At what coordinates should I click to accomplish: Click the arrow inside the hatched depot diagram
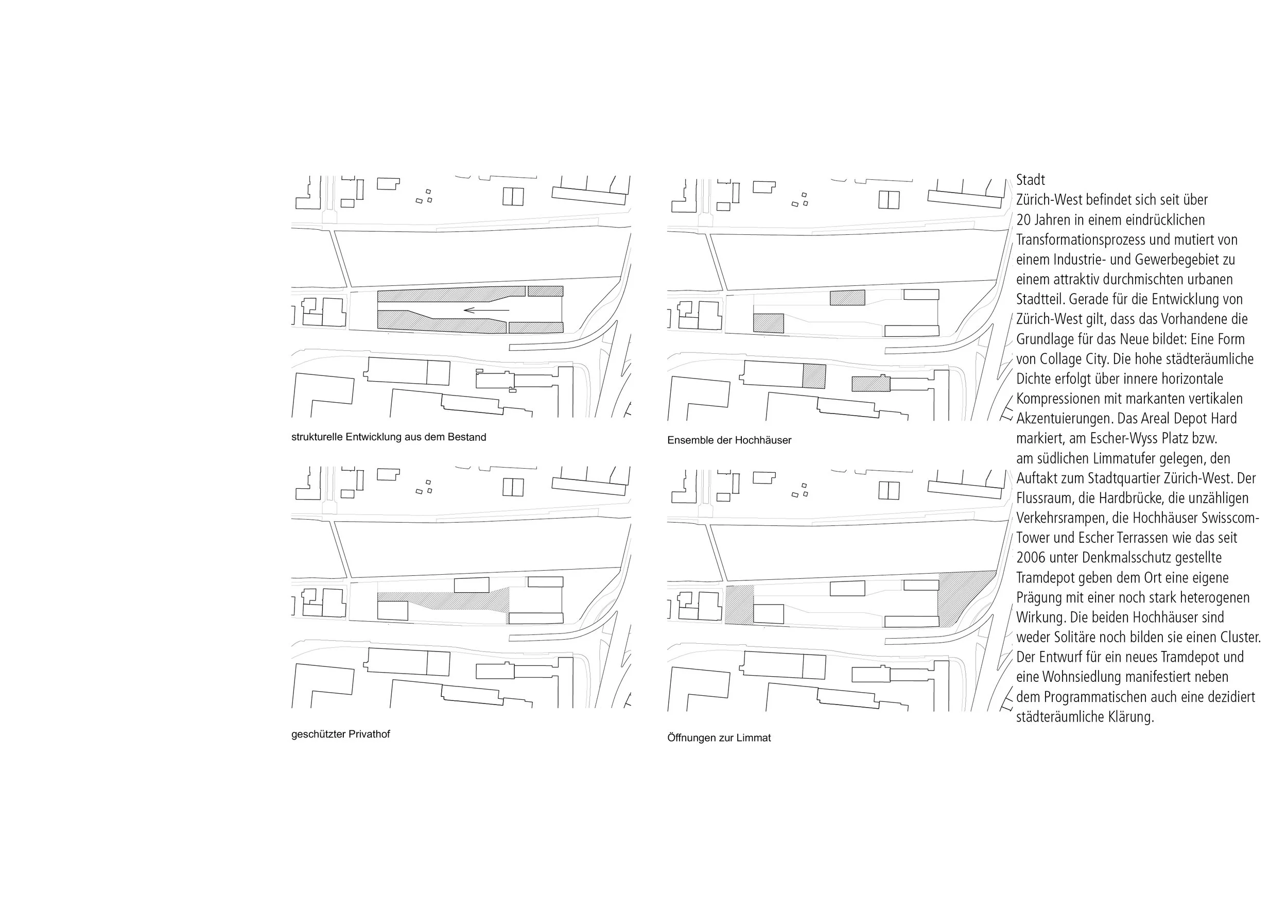(x=486, y=310)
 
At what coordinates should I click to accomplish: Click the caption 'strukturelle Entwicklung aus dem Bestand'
(x=389, y=437)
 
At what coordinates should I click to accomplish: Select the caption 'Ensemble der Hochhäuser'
(x=729, y=441)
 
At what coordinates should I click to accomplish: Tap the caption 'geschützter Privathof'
(x=340, y=734)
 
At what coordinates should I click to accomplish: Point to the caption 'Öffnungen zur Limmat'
(x=719, y=739)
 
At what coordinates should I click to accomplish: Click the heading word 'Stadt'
(x=1030, y=180)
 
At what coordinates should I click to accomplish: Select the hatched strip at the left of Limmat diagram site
(x=739, y=605)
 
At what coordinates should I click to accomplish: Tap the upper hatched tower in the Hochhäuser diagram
(x=847, y=298)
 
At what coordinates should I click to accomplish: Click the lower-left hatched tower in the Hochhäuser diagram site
(x=768, y=323)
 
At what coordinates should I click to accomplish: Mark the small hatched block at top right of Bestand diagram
(x=545, y=291)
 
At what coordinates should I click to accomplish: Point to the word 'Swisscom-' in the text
(x=1232, y=518)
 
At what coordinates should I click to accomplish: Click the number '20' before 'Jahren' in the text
(x=1023, y=220)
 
